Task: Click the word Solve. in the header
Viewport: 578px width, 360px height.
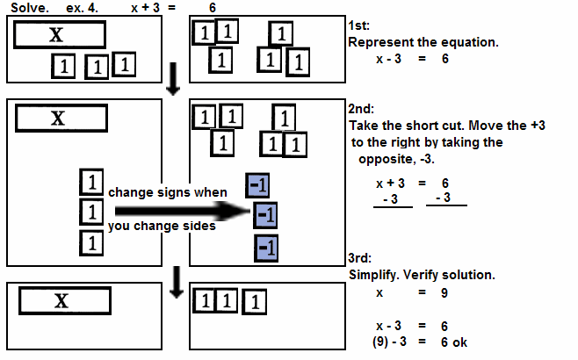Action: [x=27, y=8]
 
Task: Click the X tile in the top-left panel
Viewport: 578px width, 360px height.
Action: [x=60, y=34]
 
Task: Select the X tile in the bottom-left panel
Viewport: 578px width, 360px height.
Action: [x=62, y=300]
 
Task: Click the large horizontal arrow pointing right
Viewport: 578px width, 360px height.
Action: [x=176, y=211]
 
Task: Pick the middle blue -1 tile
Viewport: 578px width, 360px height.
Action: [x=266, y=215]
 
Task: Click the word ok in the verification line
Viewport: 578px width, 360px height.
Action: [x=460, y=342]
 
